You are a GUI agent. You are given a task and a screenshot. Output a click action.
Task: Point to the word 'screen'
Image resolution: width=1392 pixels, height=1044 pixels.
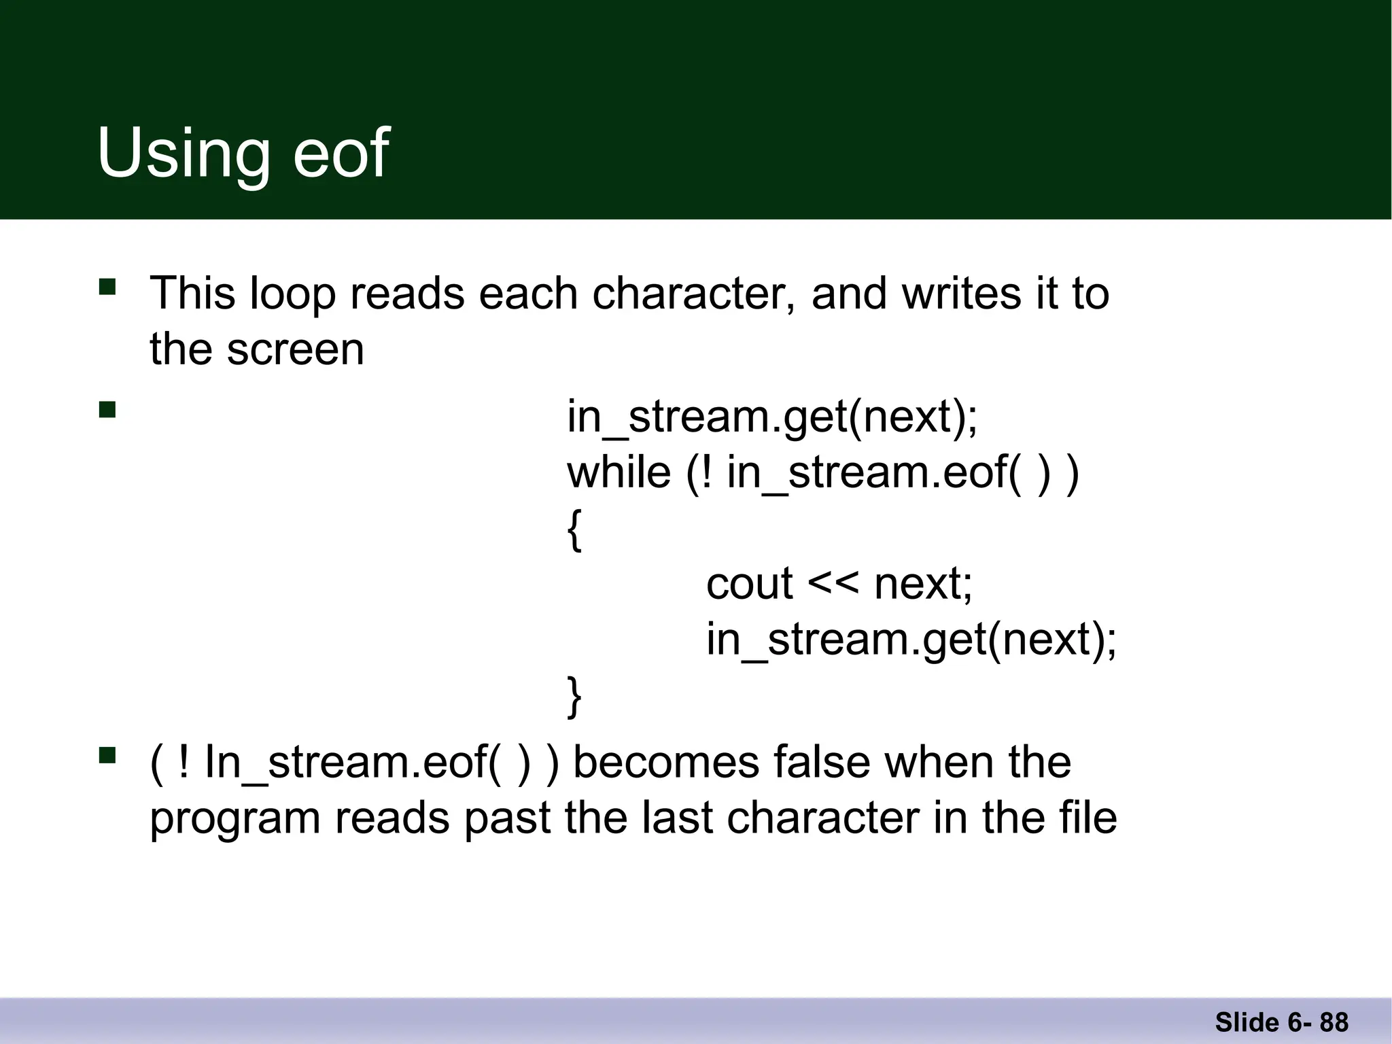coord(295,349)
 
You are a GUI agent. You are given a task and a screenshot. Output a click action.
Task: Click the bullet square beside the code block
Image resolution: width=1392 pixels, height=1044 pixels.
coord(107,409)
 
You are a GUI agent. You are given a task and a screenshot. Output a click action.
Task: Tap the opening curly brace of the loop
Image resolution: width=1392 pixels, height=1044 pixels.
coord(574,531)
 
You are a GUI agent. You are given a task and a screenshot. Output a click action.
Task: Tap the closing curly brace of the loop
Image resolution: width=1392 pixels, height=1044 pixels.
coord(574,697)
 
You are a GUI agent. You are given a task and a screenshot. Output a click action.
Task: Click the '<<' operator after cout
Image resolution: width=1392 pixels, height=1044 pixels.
coord(833,585)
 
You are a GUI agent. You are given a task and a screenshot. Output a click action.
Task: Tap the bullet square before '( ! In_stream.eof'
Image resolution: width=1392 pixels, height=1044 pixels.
coord(107,755)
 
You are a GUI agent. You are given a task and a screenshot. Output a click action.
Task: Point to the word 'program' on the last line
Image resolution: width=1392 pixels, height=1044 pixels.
coord(234,818)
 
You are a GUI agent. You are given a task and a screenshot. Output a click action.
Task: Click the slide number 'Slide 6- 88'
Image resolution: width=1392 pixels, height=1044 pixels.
coord(1281,1022)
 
